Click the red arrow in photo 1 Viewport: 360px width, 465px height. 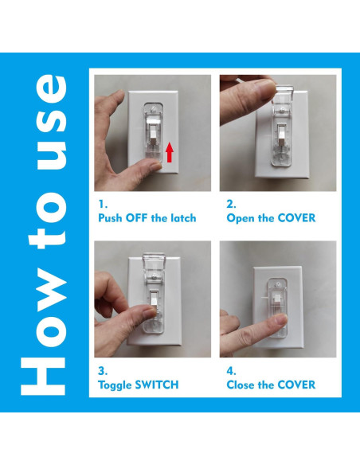[169, 151]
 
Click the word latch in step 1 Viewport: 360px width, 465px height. [180, 217]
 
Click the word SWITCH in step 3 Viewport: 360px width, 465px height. [157, 385]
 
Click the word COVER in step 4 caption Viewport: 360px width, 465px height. [295, 385]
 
